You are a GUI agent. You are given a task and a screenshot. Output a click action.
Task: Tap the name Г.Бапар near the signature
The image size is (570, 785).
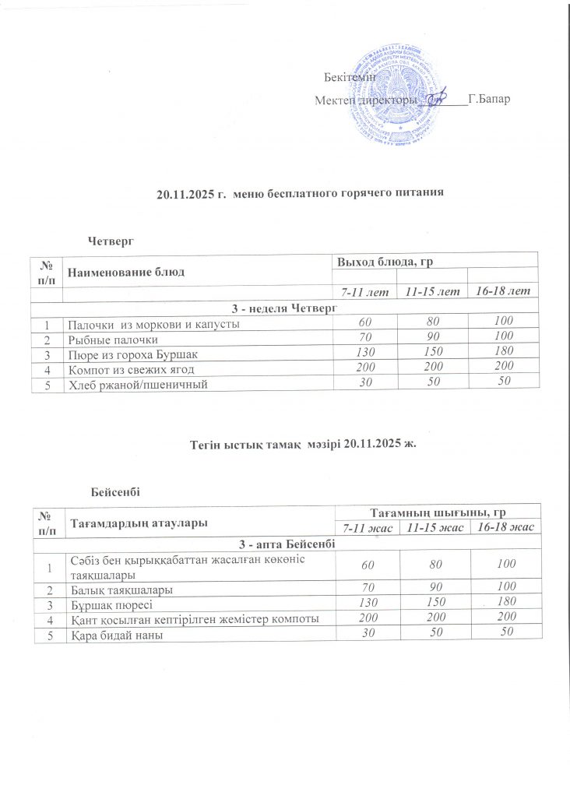pos(490,100)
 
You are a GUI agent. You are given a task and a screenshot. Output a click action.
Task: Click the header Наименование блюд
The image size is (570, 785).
pos(119,272)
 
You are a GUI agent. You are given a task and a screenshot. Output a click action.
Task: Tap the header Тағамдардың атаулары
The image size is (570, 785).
pos(139,523)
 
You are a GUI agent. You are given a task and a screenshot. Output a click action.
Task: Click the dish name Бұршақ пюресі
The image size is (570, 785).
pos(113,604)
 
